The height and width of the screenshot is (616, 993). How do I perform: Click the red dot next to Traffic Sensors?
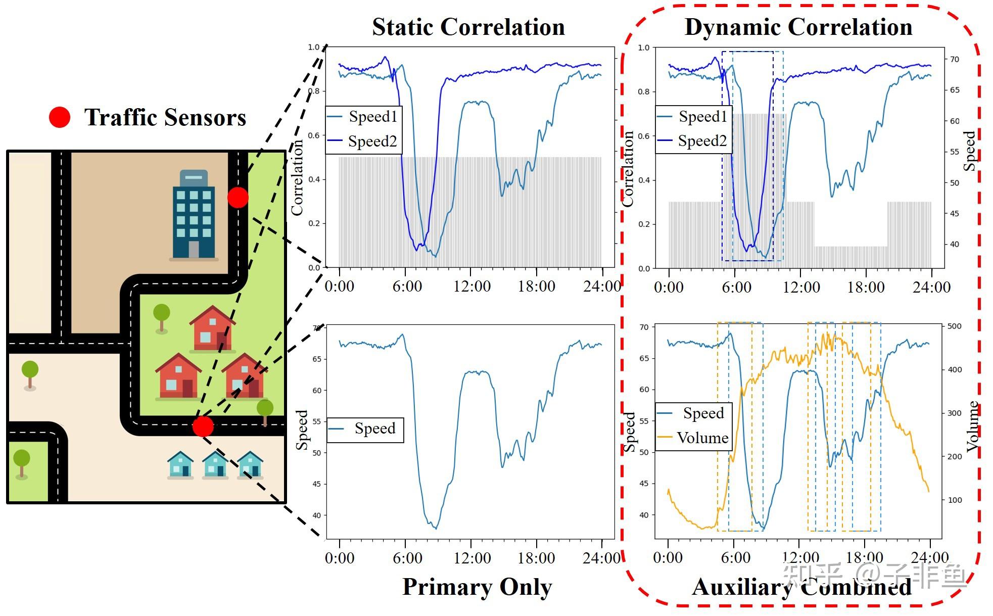tap(59, 117)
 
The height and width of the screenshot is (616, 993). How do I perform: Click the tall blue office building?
tap(194, 215)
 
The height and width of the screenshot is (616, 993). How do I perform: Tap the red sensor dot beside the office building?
tap(238, 197)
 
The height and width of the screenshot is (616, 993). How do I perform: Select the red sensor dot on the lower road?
tap(203, 426)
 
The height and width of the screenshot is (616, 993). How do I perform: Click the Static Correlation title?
tap(468, 27)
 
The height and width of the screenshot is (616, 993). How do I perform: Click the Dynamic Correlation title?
tap(798, 27)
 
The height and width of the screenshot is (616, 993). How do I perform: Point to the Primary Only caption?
tap(477, 587)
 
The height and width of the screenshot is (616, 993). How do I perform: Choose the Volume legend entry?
tap(702, 438)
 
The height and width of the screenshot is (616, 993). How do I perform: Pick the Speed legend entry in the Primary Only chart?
tap(374, 429)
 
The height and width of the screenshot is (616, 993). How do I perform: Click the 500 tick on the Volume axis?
tap(954, 326)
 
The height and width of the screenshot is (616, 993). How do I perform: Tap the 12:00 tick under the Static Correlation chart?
tap(471, 287)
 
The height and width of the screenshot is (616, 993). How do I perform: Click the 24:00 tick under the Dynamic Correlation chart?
tap(931, 288)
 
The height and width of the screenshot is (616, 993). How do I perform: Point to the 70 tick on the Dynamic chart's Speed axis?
tap(954, 59)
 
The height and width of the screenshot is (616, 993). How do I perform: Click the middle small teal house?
tap(215, 465)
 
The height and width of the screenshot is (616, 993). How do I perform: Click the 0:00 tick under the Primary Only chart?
tap(339, 558)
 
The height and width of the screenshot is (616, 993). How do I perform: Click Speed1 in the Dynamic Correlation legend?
tap(702, 117)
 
